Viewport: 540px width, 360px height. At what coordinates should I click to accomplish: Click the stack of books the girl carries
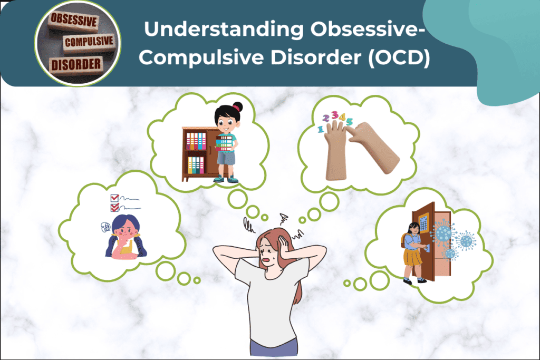coord(225,143)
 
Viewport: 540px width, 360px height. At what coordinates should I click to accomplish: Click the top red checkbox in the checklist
coord(113,198)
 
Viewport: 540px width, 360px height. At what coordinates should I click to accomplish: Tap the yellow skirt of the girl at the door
coord(411,259)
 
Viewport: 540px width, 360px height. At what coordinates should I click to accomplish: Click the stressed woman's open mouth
coord(270,259)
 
